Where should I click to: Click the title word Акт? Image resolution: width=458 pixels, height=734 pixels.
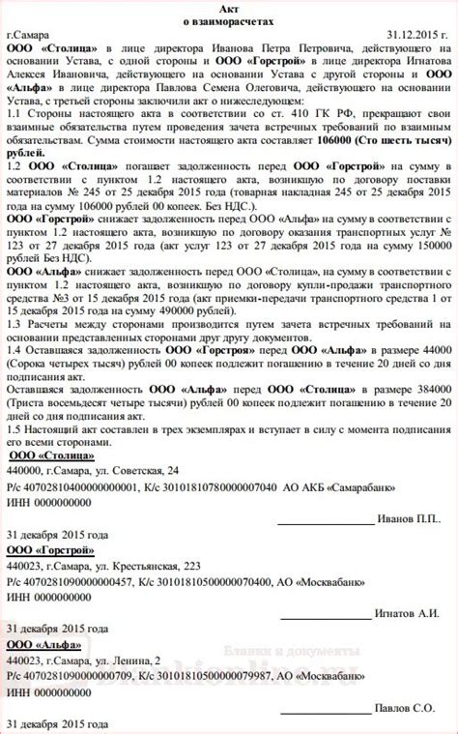click(229, 7)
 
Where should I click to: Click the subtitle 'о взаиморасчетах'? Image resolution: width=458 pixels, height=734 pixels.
click(229, 20)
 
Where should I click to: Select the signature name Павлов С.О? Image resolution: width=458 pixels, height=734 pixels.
click(410, 708)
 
